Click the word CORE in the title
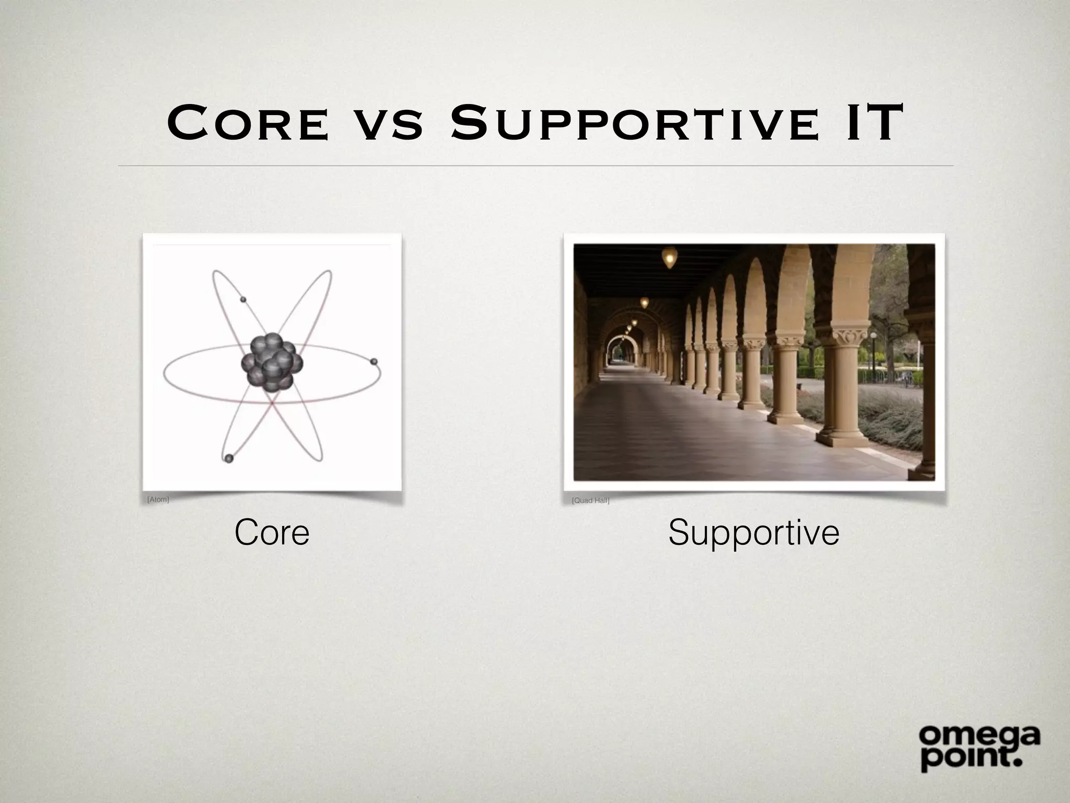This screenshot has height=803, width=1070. pyautogui.click(x=249, y=123)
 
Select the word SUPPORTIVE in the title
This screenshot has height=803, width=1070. pyautogui.click(x=634, y=123)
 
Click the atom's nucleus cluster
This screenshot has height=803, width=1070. pyautogui.click(x=272, y=362)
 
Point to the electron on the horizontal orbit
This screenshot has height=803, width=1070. pyautogui.click(x=374, y=361)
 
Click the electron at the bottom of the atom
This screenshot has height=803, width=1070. pyautogui.click(x=228, y=458)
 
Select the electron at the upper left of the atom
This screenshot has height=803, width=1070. pyautogui.click(x=242, y=299)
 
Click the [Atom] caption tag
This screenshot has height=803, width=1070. pyautogui.click(x=158, y=499)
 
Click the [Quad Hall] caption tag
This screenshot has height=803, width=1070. pyautogui.click(x=590, y=500)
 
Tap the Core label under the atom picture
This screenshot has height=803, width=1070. pyautogui.click(x=272, y=532)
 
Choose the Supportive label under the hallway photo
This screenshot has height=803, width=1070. pyautogui.click(x=753, y=532)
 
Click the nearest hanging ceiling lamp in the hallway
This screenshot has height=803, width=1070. pyautogui.click(x=669, y=257)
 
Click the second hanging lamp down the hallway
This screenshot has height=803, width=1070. pyautogui.click(x=644, y=302)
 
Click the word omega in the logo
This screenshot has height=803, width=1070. pyautogui.click(x=979, y=737)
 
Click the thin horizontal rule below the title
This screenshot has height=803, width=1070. pyautogui.click(x=535, y=166)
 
